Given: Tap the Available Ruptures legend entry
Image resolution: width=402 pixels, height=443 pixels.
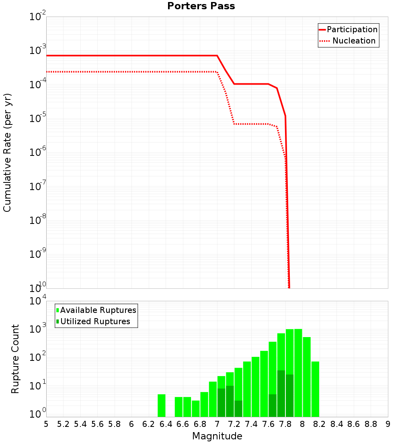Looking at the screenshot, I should point(96,310).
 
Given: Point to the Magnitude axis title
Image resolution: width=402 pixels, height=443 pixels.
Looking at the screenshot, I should point(217,436).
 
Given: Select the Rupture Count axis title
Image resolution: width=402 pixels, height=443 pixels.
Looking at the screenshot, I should point(15,358).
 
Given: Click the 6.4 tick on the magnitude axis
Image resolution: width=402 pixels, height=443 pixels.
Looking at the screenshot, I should point(166,424).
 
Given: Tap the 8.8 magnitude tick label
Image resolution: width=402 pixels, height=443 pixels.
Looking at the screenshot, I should point(371,424).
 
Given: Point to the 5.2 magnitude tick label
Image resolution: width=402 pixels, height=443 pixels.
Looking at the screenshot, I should point(63,424).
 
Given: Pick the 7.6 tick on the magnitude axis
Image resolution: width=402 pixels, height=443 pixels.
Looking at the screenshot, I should point(268,424).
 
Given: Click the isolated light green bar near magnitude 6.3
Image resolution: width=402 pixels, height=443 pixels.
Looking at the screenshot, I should point(161,406).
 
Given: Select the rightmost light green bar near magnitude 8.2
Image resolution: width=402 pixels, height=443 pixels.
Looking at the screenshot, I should point(315,389).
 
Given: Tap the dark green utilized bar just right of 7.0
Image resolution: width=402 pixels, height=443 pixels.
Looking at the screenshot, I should point(221,402).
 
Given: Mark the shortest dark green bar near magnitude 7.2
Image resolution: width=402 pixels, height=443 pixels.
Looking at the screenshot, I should point(238,409).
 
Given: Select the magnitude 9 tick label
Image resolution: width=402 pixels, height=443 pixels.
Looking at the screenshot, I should point(388,424).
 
